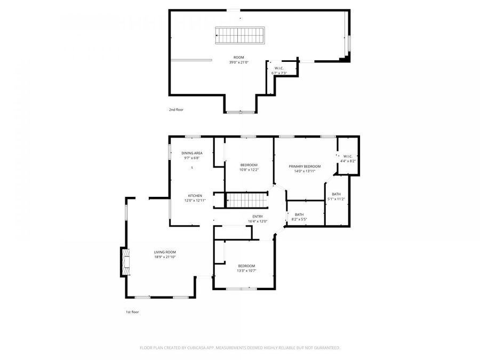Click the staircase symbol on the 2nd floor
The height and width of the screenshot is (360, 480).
[239, 36]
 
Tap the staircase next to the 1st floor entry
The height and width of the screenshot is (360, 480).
[247, 201]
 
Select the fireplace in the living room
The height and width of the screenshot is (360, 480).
[125, 262]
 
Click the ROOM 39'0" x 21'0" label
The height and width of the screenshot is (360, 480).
[238, 60]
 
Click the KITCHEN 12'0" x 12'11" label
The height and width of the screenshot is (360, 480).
[195, 197]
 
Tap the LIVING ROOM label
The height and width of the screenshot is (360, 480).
[165, 254]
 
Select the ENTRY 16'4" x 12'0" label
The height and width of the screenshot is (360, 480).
[257, 219]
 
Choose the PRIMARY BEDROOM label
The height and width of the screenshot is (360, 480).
[305, 169]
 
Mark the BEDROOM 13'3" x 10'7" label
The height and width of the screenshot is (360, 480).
[246, 268]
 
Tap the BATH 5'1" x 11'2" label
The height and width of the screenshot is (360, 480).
[336, 196]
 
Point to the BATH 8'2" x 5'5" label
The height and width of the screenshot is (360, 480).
[299, 217]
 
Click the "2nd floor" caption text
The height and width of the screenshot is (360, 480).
[176, 109]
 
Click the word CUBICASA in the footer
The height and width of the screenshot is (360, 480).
[204, 348]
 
